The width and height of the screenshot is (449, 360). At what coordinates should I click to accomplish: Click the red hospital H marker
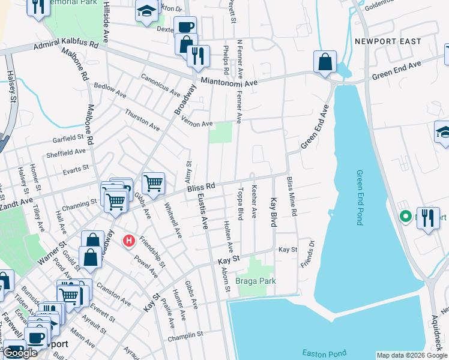click(x=128, y=241)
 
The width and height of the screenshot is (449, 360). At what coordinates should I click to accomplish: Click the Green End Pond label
click(x=360, y=197)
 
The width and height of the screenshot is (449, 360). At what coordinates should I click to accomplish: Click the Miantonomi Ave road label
click(x=229, y=82)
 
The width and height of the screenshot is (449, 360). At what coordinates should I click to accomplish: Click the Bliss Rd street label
click(x=200, y=188)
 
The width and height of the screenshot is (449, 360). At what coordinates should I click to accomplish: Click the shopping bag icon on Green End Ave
click(x=325, y=62)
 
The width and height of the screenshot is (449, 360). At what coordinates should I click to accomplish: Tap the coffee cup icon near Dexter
click(x=185, y=27)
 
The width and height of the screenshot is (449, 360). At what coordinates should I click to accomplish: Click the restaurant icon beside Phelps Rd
click(x=198, y=56)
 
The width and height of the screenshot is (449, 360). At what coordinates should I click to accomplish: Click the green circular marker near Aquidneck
click(x=405, y=217)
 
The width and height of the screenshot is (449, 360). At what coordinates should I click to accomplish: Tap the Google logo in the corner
click(x=20, y=353)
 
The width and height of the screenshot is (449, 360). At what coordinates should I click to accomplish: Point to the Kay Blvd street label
click(x=273, y=212)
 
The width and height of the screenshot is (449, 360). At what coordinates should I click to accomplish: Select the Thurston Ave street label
click(x=142, y=120)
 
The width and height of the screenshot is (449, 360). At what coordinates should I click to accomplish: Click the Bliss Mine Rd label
click(x=291, y=196)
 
